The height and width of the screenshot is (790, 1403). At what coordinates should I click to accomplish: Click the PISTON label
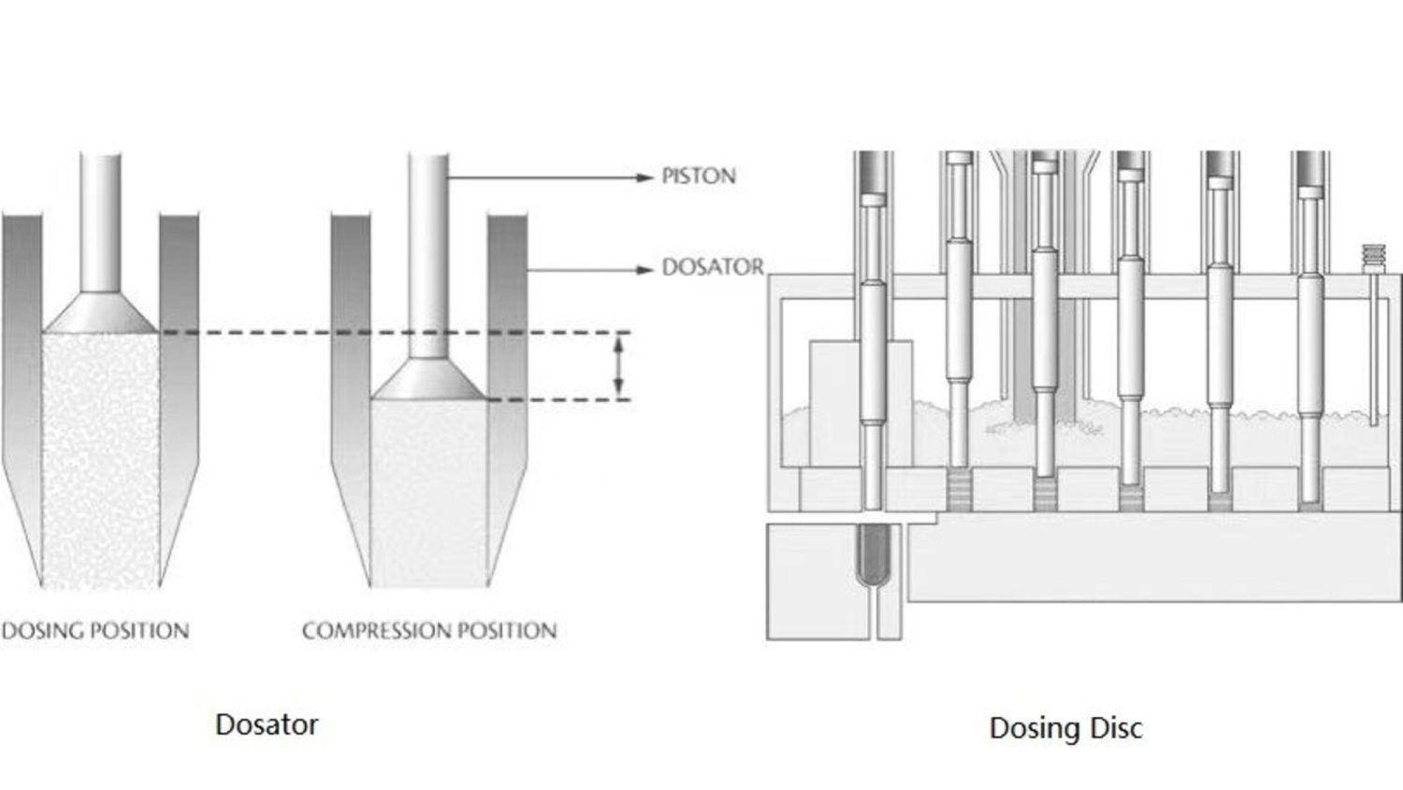pos(698,176)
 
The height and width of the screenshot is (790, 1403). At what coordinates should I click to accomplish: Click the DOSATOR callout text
pos(712,267)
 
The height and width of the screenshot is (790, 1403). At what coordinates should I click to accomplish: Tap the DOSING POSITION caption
pos(94,631)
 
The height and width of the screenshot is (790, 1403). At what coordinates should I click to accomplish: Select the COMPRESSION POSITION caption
pos(429,631)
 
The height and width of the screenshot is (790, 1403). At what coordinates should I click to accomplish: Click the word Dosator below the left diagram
pos(267,725)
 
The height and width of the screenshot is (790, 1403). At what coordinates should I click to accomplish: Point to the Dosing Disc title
pos(1065,728)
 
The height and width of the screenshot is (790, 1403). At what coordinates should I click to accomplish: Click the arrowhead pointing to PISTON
pos(644,176)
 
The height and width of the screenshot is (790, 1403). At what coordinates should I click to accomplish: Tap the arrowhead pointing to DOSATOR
pos(644,270)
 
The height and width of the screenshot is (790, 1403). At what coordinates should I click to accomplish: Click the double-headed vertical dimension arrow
pos(617,366)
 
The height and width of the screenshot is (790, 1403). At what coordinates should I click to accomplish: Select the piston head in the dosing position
pos(100,314)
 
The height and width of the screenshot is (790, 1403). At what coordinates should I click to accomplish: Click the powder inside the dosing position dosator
pos(100,458)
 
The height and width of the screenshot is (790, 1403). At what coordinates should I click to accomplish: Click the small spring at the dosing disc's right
pos(1372,258)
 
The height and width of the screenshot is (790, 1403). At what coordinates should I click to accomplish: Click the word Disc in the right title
pos(1115,728)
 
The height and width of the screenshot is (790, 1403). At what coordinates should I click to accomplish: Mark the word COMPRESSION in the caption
pos(375,631)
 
